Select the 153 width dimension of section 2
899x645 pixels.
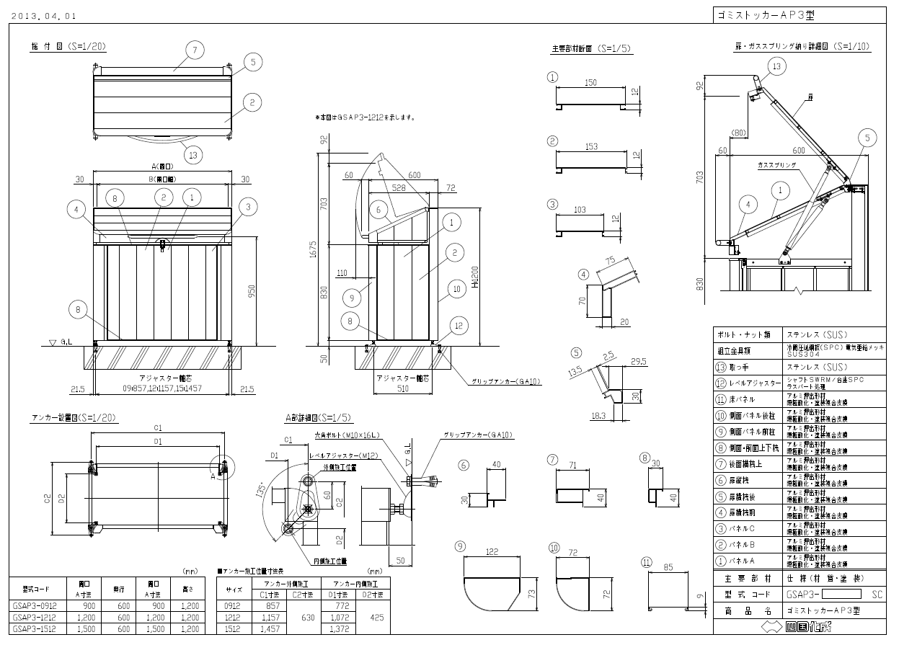[590, 146]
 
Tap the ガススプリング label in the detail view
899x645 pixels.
[777, 165]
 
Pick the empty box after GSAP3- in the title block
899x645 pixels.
[842, 595]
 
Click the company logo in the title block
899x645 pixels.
[800, 626]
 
